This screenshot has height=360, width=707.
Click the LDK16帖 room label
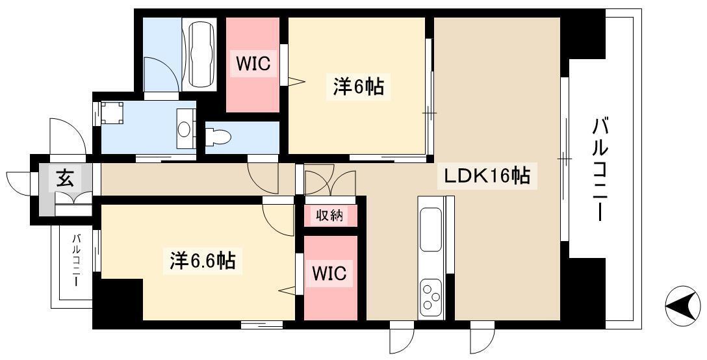pos(487,176)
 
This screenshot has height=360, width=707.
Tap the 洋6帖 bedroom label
pos(359,86)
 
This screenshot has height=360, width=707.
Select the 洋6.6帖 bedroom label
pos(203,261)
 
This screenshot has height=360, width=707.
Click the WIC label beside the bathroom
pos(253,64)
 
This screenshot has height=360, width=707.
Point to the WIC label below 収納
pos(329,274)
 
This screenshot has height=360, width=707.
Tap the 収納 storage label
pos(329,216)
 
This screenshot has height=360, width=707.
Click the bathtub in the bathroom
pos(203,54)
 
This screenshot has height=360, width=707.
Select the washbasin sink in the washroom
pos(184,129)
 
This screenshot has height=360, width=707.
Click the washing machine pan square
pos(112,113)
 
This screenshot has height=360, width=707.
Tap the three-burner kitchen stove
pos(431,297)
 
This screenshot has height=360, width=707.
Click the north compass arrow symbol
pos(684,305)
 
